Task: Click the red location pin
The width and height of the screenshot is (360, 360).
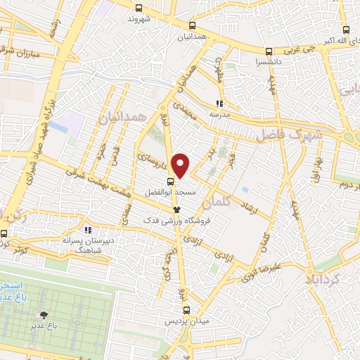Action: point(181,165)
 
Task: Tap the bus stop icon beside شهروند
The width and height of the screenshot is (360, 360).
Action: point(139,8)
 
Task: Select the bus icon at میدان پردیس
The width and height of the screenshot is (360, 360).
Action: point(186,309)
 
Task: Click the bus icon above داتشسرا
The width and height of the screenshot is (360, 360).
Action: point(269,51)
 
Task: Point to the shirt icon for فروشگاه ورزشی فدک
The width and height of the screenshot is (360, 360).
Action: point(176,209)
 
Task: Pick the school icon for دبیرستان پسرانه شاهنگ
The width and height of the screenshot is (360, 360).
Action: point(88,229)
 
